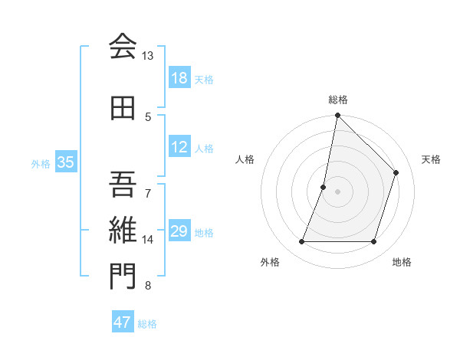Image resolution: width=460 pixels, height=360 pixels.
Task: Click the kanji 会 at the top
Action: [x=123, y=47]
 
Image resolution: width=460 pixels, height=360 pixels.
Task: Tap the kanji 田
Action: [x=123, y=110]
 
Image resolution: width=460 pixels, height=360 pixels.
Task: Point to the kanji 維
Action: [x=123, y=229]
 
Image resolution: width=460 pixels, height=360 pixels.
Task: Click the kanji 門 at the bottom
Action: [x=123, y=277]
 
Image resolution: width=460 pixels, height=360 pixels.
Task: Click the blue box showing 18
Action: [x=179, y=78]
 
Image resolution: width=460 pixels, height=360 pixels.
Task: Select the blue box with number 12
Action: [x=179, y=148]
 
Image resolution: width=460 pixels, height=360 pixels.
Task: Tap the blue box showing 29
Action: [x=179, y=232]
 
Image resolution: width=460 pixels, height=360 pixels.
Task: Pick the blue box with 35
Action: [x=65, y=162]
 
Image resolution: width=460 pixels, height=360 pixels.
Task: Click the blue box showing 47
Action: [x=123, y=322]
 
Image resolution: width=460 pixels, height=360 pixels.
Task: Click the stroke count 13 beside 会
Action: [x=147, y=56]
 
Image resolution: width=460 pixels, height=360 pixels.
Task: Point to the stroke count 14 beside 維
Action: [x=147, y=240]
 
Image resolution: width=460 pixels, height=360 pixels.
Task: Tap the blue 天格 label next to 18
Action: [x=204, y=79]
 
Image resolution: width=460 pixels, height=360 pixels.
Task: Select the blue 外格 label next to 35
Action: [x=41, y=163]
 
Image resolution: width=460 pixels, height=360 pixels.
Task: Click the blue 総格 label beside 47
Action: [x=147, y=324]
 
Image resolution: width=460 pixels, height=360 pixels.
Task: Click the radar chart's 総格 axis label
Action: [x=337, y=100]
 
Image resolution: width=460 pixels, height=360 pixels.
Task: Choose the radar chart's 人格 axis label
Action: [x=245, y=159]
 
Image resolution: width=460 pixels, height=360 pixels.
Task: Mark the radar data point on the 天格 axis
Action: [x=396, y=172]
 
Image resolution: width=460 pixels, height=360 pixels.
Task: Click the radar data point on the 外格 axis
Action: [x=301, y=242]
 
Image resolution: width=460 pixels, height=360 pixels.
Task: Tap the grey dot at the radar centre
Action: [x=337, y=191]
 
